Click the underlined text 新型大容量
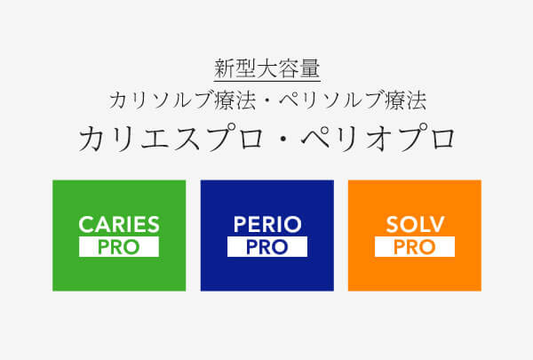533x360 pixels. (266, 68)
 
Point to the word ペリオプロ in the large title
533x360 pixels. (383, 139)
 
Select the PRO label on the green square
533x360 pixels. (119, 247)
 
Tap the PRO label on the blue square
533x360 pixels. (266, 247)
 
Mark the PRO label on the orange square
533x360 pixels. (414, 247)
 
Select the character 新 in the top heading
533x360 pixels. (224, 68)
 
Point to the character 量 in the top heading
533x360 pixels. (309, 68)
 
